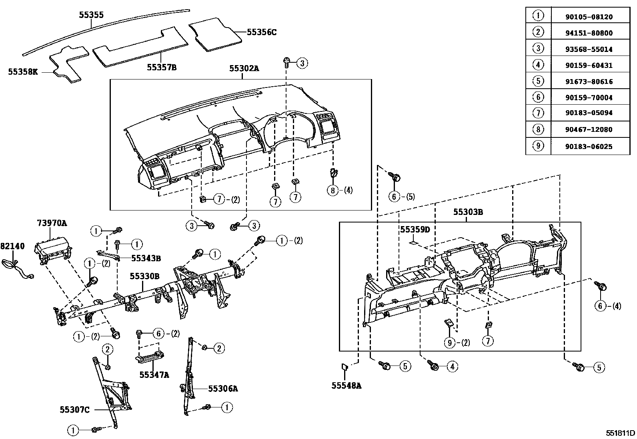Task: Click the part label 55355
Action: click(91, 15)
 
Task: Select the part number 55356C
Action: click(261, 32)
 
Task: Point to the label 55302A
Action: click(244, 69)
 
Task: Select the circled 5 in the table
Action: click(538, 81)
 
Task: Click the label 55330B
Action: click(144, 276)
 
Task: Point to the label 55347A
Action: click(154, 375)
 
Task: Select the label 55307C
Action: click(74, 409)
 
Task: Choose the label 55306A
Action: click(223, 388)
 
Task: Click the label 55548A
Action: click(347, 385)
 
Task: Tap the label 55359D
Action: click(415, 229)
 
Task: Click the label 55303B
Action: click(468, 212)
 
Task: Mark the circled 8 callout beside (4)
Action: click(333, 190)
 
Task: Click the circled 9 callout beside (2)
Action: click(450, 342)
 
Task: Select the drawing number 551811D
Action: click(620, 433)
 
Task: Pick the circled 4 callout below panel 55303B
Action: click(452, 366)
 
